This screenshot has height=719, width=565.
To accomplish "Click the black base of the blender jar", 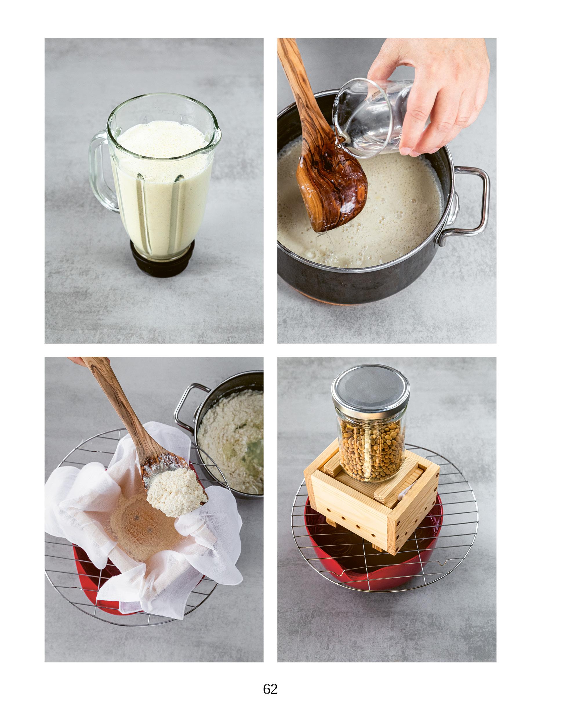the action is point(161,262).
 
